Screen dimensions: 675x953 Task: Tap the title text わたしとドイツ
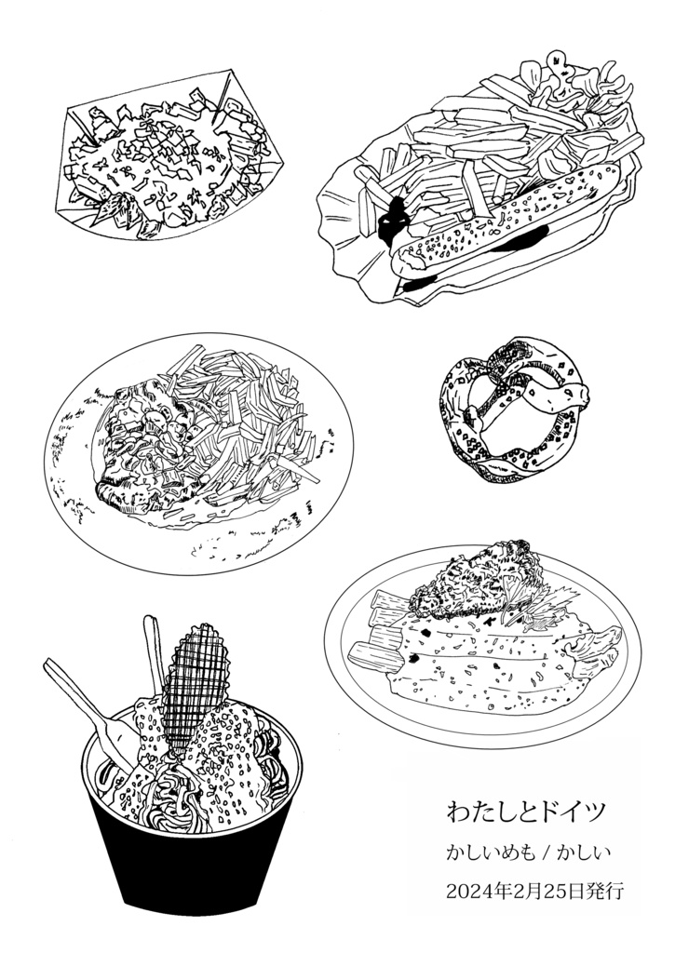pyautogui.click(x=527, y=812)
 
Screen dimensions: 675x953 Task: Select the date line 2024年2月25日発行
pyautogui.click(x=534, y=891)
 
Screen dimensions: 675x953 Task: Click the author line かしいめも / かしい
pyautogui.click(x=528, y=852)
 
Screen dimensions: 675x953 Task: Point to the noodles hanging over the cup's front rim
pyautogui.click(x=176, y=797)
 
